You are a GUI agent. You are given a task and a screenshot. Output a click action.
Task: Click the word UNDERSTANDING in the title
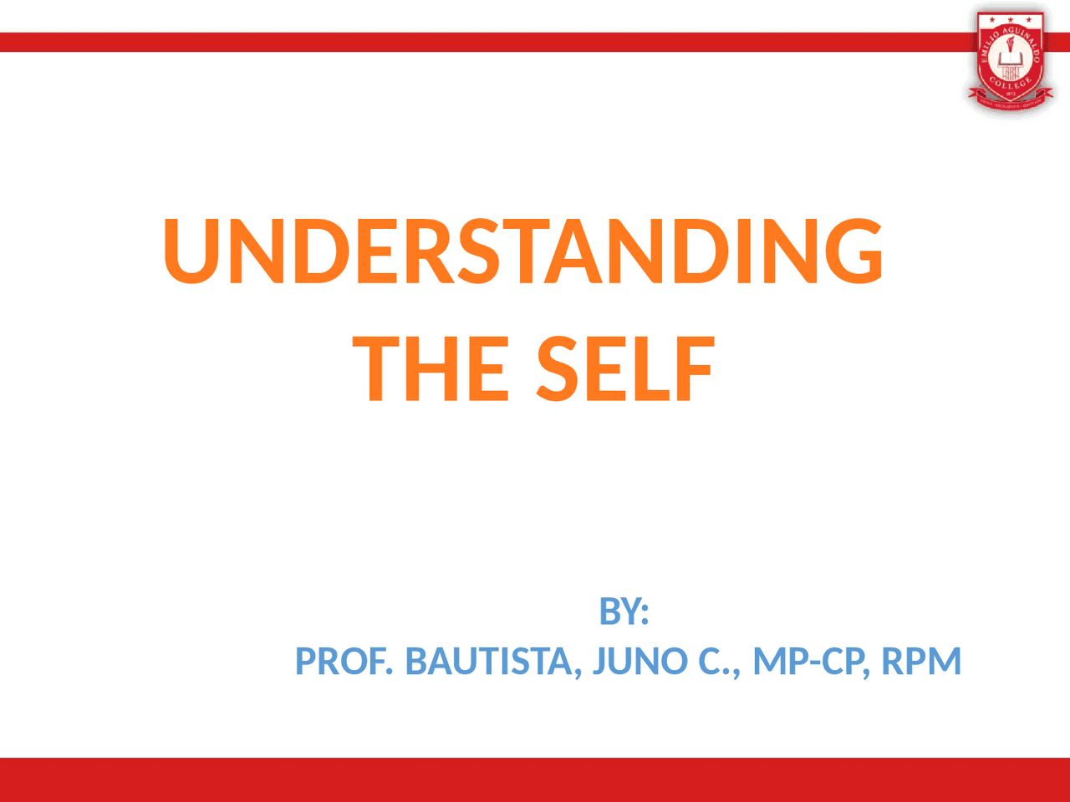click(523, 251)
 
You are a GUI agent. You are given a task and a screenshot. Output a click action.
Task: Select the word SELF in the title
click(625, 369)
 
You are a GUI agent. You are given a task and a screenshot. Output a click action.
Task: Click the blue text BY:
click(624, 612)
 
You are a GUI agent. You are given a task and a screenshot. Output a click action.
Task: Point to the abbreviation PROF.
click(344, 662)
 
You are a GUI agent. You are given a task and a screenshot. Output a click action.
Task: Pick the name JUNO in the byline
click(640, 662)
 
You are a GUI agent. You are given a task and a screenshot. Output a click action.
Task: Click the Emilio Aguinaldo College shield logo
click(1011, 58)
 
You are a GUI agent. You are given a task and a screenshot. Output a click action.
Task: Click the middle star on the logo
click(1011, 18)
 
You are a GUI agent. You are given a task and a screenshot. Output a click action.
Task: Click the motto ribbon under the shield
click(1011, 104)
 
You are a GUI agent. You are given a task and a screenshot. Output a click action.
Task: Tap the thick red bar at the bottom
click(535, 779)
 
